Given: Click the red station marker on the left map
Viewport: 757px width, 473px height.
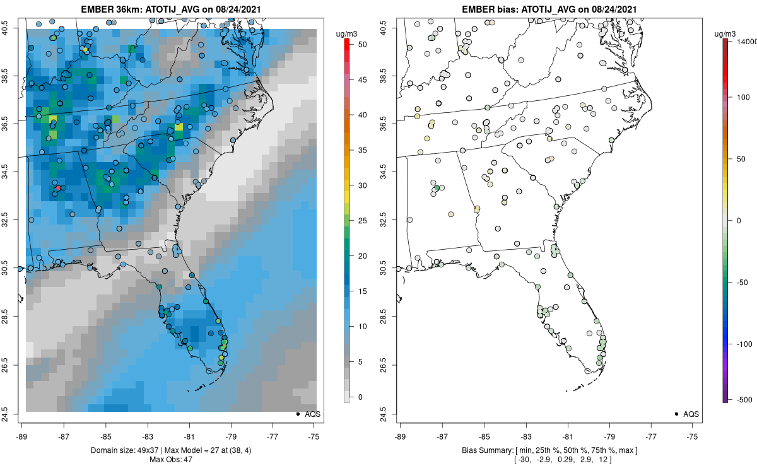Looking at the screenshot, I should [x=58, y=188].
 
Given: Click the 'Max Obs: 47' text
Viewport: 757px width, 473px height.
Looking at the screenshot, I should [x=170, y=459].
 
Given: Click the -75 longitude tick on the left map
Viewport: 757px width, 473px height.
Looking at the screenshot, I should [x=315, y=435].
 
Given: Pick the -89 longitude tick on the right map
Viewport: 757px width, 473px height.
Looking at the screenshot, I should [x=400, y=435].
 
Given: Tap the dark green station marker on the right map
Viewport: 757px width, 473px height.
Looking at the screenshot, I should [x=437, y=188].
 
